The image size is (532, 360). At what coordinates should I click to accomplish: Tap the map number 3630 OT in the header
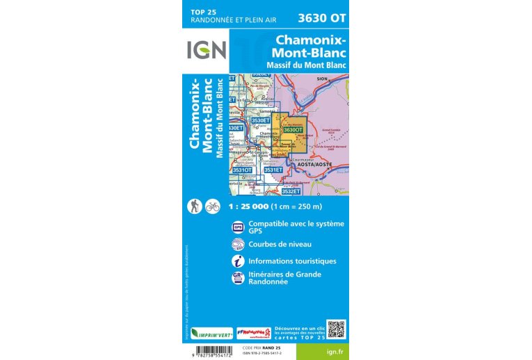(321, 17)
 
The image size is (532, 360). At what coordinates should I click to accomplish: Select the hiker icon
(195, 206)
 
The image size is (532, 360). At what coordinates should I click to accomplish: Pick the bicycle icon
(212, 206)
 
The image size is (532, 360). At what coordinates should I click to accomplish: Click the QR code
(336, 328)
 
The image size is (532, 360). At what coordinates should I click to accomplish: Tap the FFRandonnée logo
(252, 333)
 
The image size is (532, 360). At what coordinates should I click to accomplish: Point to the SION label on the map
(321, 80)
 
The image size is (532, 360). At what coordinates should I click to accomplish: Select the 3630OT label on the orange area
(293, 129)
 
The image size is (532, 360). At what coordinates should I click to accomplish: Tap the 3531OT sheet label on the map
(242, 170)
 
